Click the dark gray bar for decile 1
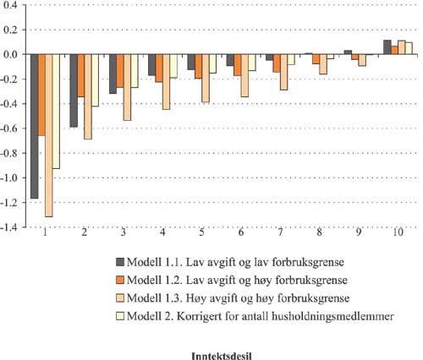[35, 126]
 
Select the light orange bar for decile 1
[48, 135]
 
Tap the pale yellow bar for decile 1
[56, 111]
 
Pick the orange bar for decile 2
[81, 75]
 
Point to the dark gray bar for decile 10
[387, 47]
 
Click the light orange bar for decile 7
[283, 72]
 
